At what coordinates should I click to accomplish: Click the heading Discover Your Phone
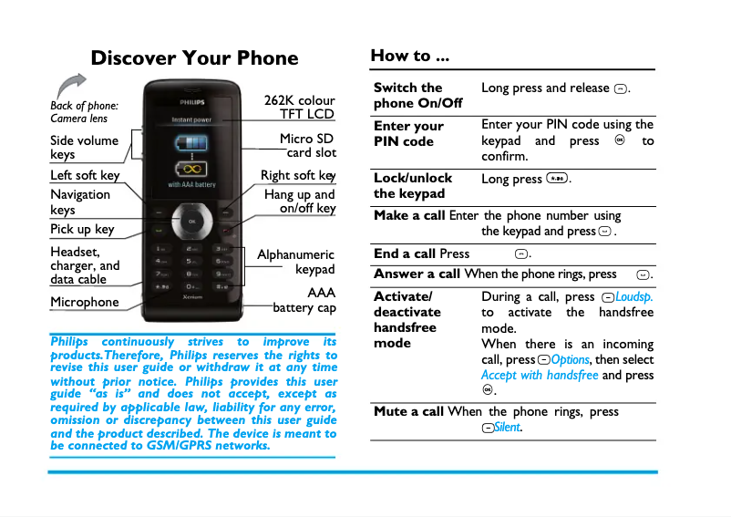tap(194, 58)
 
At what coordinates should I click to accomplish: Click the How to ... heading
tap(409, 56)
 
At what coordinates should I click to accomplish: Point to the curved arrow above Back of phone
tap(70, 87)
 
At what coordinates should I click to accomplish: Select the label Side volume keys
tap(84, 147)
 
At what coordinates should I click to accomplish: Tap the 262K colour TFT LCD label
tap(300, 107)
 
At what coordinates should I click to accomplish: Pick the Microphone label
tap(84, 302)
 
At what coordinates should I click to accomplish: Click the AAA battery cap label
tap(306, 300)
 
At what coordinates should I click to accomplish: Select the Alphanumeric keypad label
tap(297, 262)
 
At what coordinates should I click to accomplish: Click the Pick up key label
tap(82, 229)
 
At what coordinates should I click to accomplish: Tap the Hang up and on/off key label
tap(300, 201)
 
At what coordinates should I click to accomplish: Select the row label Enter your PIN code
tap(409, 133)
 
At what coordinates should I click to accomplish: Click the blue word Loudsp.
tap(634, 297)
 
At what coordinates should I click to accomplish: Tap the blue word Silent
tap(509, 428)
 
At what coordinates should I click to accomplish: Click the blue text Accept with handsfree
tap(540, 375)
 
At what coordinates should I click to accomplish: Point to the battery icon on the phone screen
tap(191, 147)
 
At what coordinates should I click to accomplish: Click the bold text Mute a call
tap(408, 411)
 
